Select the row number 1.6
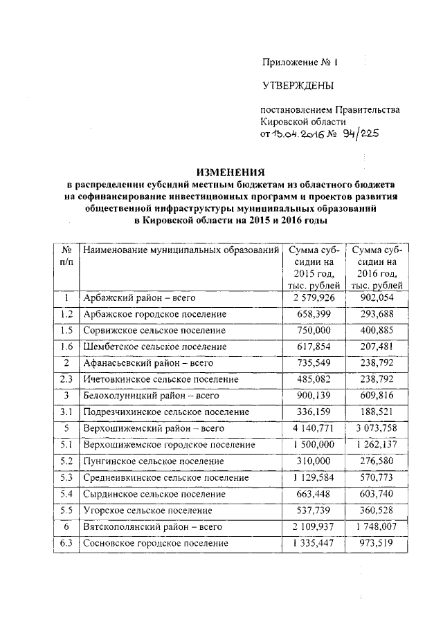coord(66,347)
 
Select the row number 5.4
coord(66,494)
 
